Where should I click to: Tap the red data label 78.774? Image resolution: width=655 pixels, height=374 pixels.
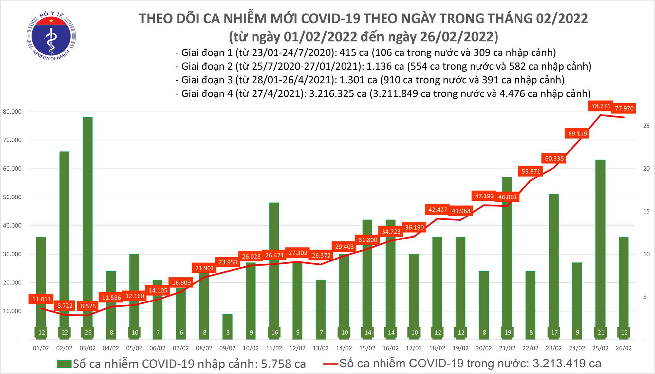pos(601,106)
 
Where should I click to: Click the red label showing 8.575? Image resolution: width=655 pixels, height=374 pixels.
pos(88,306)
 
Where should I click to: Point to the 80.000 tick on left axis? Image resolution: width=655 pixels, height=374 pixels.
pos(12,112)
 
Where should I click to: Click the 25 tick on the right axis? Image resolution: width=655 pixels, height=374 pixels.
pos(646,126)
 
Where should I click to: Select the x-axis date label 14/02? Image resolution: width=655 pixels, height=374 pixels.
pos(344,348)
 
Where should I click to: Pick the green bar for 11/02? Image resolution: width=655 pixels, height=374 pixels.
pos(274,262)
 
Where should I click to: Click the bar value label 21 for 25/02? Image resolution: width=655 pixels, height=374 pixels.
pos(601,332)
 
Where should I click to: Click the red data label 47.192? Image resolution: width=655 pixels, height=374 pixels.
pos(484,196)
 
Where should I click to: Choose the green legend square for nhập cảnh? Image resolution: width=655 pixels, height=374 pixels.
pos(64,364)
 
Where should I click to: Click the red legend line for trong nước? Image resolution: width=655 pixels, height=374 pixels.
pos(330,364)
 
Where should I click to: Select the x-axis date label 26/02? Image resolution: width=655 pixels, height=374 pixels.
pos(624,348)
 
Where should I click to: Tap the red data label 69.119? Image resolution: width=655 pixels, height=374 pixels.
pos(577,134)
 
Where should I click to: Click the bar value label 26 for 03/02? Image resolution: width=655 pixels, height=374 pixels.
pos(88,332)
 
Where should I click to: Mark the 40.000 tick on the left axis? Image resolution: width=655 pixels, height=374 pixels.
pos(12,226)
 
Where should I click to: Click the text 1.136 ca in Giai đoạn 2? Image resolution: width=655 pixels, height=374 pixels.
pos(385,67)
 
